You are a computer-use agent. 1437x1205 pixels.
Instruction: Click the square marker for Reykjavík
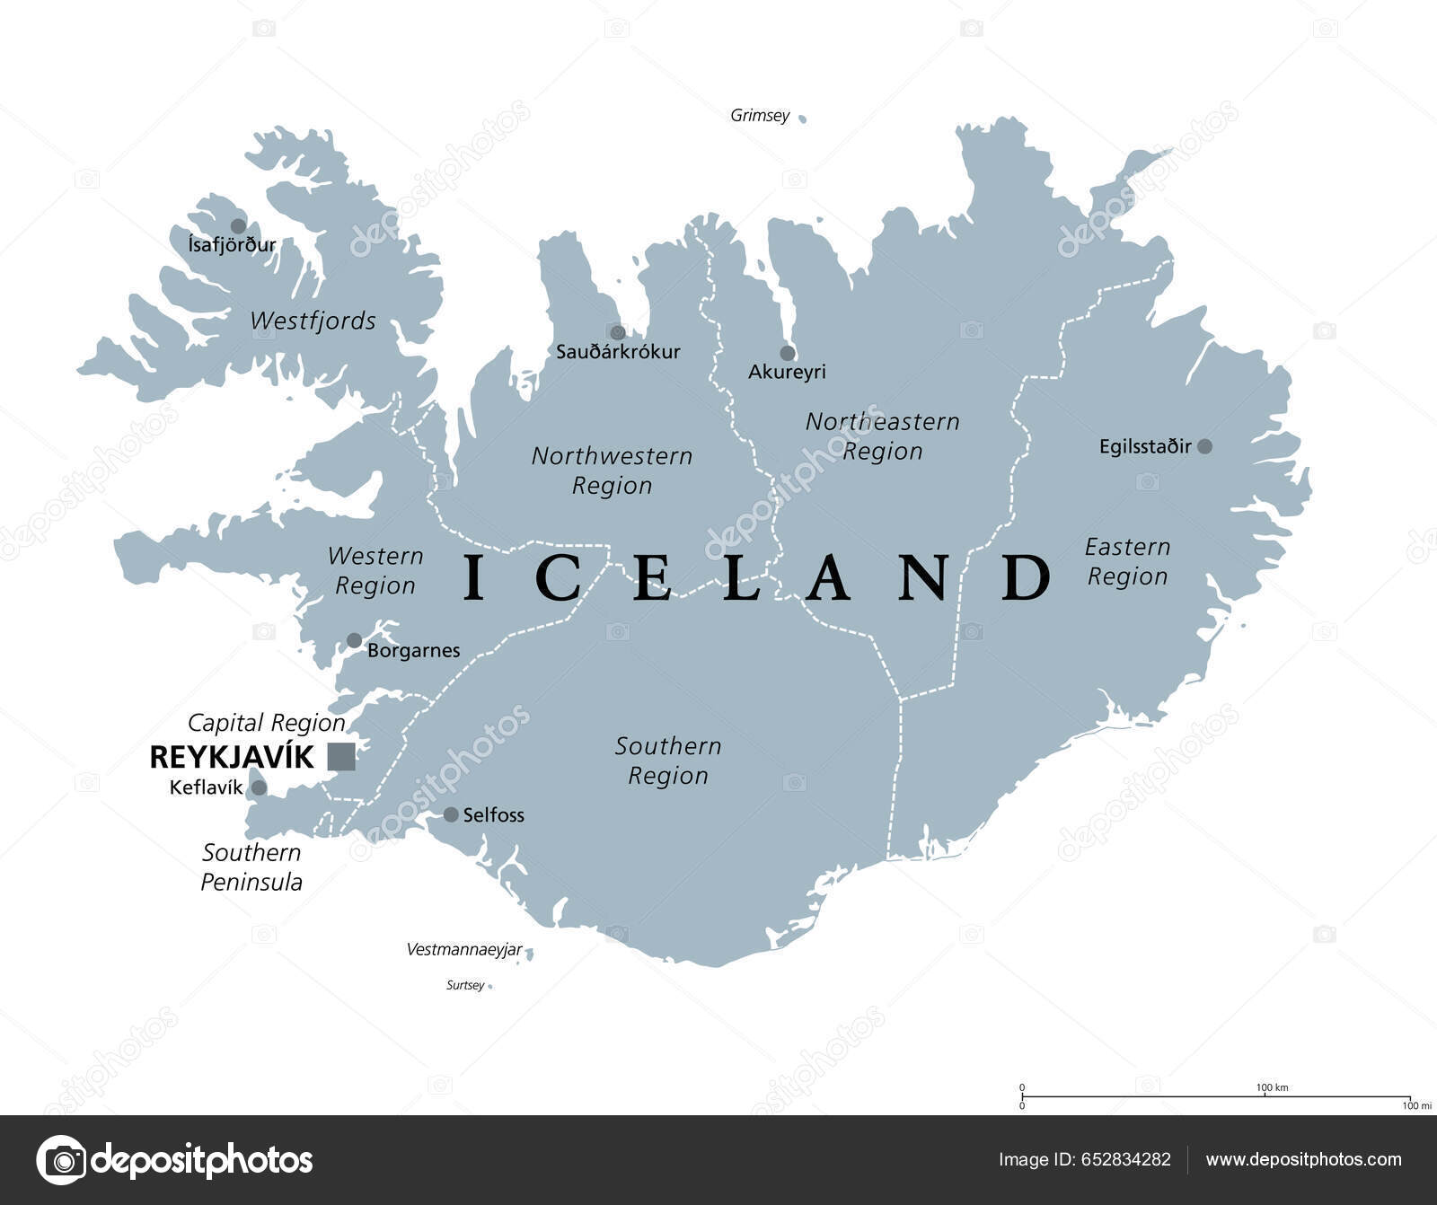341,757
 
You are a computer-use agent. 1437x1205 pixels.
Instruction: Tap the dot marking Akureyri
788,353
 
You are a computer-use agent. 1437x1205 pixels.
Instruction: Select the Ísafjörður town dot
238,226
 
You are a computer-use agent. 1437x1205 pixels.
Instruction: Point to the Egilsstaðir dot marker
1204,446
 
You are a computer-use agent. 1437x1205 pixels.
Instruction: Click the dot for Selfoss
451,814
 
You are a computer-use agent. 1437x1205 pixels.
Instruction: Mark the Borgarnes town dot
355,641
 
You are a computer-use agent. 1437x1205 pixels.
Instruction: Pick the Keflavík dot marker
259,787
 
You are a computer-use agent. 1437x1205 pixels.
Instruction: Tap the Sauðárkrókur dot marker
618,333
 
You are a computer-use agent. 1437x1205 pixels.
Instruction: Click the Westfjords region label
313,321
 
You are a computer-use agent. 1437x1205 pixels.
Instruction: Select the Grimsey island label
760,116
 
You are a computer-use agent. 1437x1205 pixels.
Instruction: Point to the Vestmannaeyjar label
464,949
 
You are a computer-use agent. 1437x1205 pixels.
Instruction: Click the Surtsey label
465,985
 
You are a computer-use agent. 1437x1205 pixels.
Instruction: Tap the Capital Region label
267,723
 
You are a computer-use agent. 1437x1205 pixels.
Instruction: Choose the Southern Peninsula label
251,866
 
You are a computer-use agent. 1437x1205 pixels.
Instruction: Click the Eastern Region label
1127,561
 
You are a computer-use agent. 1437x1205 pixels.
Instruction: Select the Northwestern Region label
612,471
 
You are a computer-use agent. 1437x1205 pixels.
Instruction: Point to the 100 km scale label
1272,1087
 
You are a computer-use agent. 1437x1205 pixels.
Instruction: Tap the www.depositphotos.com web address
1303,1159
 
